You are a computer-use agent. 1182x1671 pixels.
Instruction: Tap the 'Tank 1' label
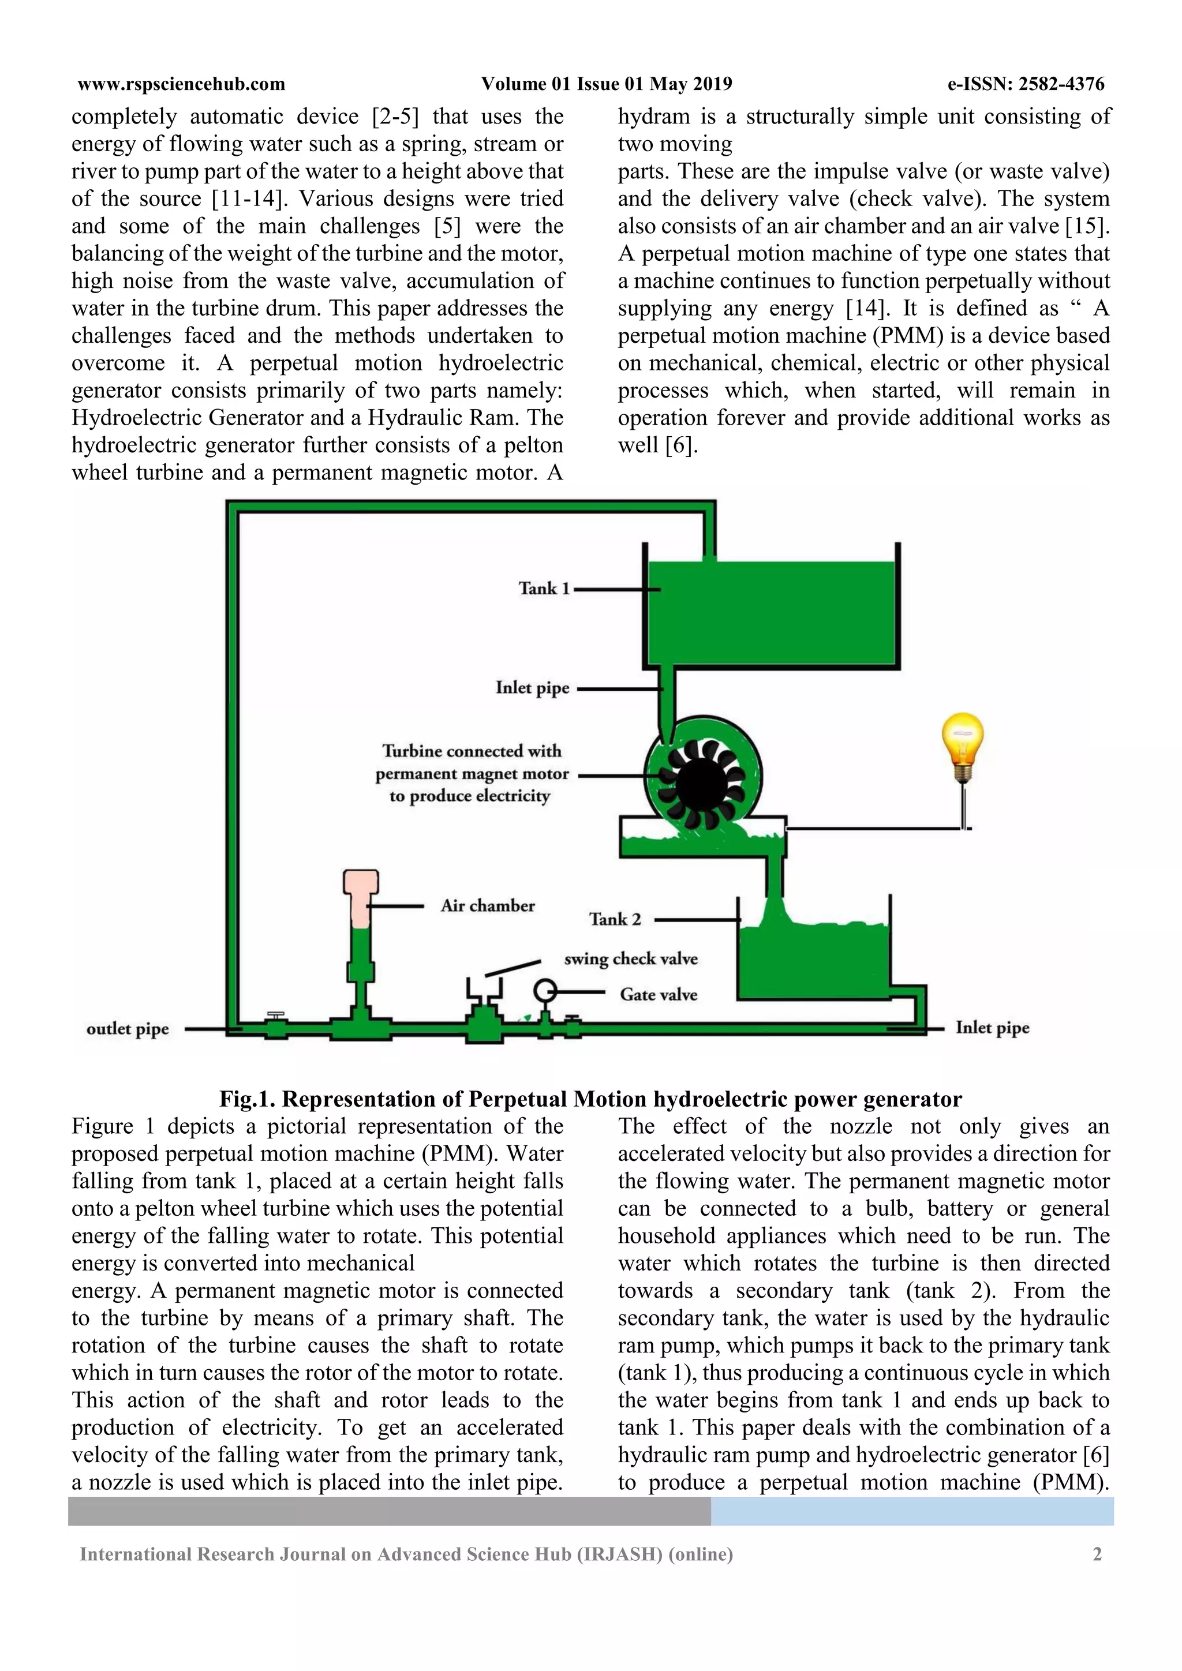[x=544, y=588]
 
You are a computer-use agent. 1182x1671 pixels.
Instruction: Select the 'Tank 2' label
[x=615, y=919]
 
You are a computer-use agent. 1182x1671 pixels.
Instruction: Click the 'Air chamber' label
[x=488, y=905]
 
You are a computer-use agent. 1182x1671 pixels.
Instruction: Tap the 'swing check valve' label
[x=630, y=958]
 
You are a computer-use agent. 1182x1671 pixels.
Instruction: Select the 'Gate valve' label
[x=658, y=994]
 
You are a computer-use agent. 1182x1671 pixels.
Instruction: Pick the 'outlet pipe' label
[x=128, y=1029]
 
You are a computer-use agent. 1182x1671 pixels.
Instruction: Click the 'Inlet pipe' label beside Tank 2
[x=992, y=1028]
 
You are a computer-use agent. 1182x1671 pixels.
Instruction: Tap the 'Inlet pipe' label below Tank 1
[x=532, y=688]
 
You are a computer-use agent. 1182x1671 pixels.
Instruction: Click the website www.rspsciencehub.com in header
[x=181, y=84]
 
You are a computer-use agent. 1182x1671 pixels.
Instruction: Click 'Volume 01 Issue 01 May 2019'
[x=606, y=84]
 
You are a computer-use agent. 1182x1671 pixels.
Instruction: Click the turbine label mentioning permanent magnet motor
[x=472, y=774]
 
